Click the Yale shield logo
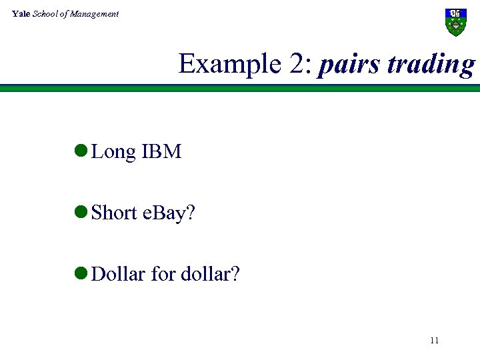click(x=456, y=22)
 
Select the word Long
click(x=113, y=152)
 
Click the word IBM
click(x=161, y=152)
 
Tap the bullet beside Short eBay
click(x=81, y=213)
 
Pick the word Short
click(x=115, y=213)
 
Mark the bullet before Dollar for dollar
click(x=81, y=273)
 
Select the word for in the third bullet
click(x=163, y=273)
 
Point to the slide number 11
click(x=435, y=341)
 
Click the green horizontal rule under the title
click(x=240, y=87)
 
